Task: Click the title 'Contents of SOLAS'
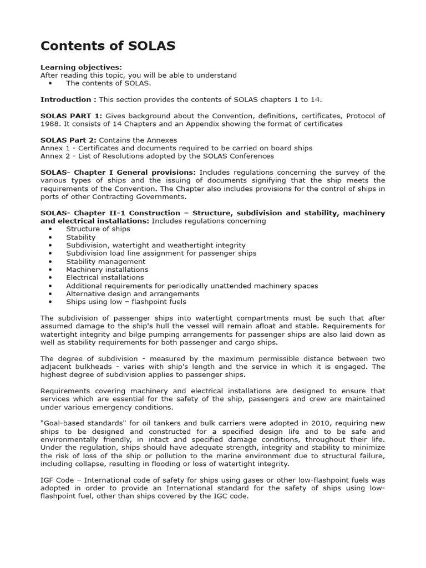tap(108, 46)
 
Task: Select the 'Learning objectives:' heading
tap(81, 67)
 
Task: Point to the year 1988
tap(49, 124)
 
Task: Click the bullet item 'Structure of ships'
tap(98, 229)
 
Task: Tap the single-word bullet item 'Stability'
tap(80, 237)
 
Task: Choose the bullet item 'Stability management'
tap(105, 261)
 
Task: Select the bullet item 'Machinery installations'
tap(107, 270)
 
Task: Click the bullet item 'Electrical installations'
tap(105, 277)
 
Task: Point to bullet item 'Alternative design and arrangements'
tap(133, 294)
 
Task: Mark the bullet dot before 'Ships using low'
tap(50, 302)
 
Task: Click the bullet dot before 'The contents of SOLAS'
tap(50, 83)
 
